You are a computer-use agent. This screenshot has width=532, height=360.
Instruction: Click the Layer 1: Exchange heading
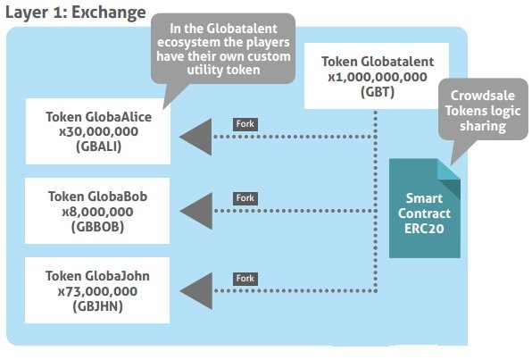[76, 13]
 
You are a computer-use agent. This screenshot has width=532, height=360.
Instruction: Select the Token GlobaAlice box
[98, 131]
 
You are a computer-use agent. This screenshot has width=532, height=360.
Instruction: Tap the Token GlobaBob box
[97, 211]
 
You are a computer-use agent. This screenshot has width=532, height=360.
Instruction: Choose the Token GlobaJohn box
[97, 290]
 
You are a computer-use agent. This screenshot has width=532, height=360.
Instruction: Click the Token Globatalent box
[377, 76]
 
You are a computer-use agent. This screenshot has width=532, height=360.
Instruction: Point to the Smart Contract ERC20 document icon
[425, 208]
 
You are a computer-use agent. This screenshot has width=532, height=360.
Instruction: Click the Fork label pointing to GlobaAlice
[245, 124]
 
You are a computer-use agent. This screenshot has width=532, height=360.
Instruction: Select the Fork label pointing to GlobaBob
[245, 198]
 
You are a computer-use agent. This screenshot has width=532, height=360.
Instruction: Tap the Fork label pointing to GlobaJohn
[245, 279]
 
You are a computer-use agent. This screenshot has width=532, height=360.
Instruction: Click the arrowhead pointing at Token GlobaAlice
[195, 137]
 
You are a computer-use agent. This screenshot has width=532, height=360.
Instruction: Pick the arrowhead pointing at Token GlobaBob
[195, 211]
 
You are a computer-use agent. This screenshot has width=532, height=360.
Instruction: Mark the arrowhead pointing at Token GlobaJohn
[195, 290]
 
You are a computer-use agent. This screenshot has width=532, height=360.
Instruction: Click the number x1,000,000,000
[378, 77]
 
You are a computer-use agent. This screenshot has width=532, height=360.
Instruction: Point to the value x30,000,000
[98, 132]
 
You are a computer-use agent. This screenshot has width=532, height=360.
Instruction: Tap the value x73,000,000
[97, 291]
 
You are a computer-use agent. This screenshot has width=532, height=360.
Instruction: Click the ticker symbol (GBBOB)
[97, 227]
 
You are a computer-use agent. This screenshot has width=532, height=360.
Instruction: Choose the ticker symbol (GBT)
[378, 92]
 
